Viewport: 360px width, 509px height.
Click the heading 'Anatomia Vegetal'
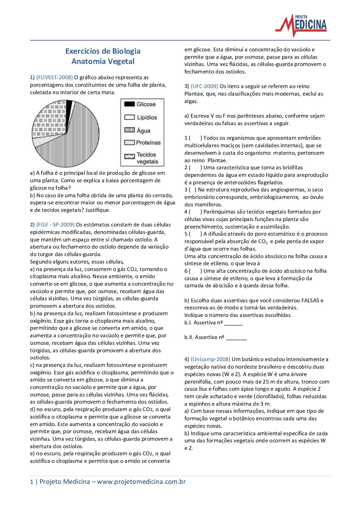coord(103,62)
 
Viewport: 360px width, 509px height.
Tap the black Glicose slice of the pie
coord(69,108)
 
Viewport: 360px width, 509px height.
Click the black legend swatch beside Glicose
coord(130,104)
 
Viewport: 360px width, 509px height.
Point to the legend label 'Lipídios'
coord(147,118)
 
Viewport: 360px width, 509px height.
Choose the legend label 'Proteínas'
coord(148,143)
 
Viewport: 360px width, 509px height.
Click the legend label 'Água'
coord(143,131)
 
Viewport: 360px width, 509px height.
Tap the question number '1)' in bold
coord(32,78)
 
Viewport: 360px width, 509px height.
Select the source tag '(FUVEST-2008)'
coord(54,78)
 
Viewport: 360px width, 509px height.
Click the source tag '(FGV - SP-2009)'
coord(55,225)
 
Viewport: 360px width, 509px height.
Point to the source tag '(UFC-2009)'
coord(204,86)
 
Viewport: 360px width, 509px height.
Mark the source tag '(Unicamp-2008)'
coord(211,359)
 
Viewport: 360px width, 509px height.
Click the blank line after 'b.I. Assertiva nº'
coord(233,323)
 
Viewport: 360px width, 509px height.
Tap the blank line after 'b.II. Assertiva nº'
coord(236,338)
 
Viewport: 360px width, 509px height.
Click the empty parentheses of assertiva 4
coord(195,212)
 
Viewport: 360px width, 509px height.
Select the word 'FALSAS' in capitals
coord(311,301)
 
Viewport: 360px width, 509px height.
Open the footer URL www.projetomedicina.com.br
coord(141,482)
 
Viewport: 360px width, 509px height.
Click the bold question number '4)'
coord(187,359)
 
